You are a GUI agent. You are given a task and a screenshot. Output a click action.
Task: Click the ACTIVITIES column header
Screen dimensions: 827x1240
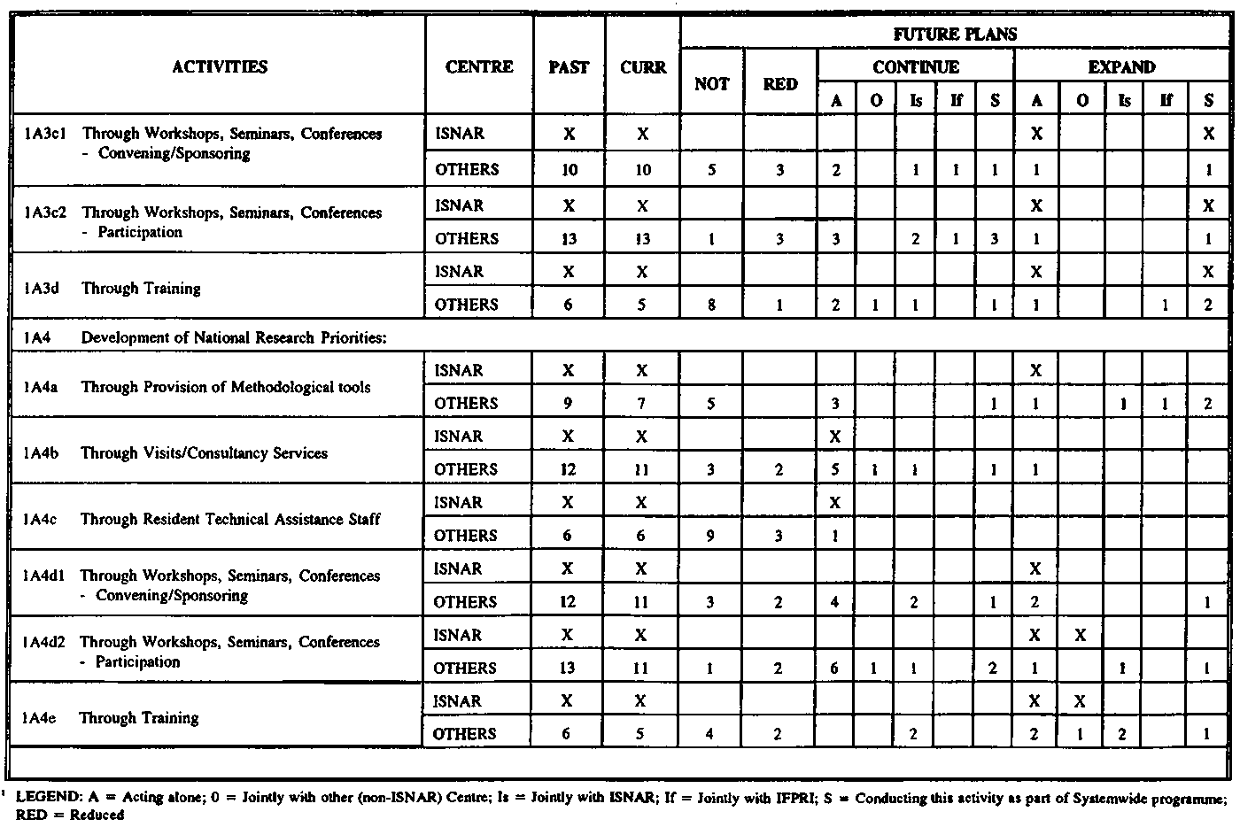point(220,66)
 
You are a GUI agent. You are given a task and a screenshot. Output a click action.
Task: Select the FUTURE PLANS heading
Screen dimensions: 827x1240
point(955,35)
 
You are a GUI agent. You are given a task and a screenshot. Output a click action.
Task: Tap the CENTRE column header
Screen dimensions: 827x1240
point(479,66)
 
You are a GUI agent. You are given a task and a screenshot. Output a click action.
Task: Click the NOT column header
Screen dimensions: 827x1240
point(712,84)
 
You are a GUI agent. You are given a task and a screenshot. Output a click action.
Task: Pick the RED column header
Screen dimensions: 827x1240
point(780,84)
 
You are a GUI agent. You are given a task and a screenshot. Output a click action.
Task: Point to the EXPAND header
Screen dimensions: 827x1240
point(1121,66)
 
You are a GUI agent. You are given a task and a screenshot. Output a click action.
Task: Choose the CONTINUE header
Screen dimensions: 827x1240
point(916,66)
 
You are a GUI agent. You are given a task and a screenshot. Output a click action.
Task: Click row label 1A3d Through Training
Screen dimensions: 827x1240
point(141,288)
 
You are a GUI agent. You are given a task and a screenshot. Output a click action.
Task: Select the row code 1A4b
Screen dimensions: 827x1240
point(41,452)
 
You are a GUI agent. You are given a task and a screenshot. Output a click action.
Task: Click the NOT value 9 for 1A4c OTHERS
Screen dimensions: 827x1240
point(710,536)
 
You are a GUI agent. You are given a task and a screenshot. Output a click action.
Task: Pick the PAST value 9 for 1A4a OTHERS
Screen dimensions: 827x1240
point(568,404)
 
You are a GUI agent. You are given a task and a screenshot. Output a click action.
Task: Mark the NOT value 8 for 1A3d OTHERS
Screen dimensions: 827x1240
point(711,305)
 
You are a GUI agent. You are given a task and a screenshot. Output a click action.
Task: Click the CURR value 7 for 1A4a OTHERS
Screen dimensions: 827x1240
point(641,404)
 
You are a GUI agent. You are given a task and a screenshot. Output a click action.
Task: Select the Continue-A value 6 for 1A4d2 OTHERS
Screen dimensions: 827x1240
point(834,669)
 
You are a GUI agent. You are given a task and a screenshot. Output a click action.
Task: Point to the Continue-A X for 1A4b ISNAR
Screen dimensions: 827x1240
point(834,437)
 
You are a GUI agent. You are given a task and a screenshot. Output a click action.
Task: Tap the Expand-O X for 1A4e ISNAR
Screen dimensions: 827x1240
point(1081,701)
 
